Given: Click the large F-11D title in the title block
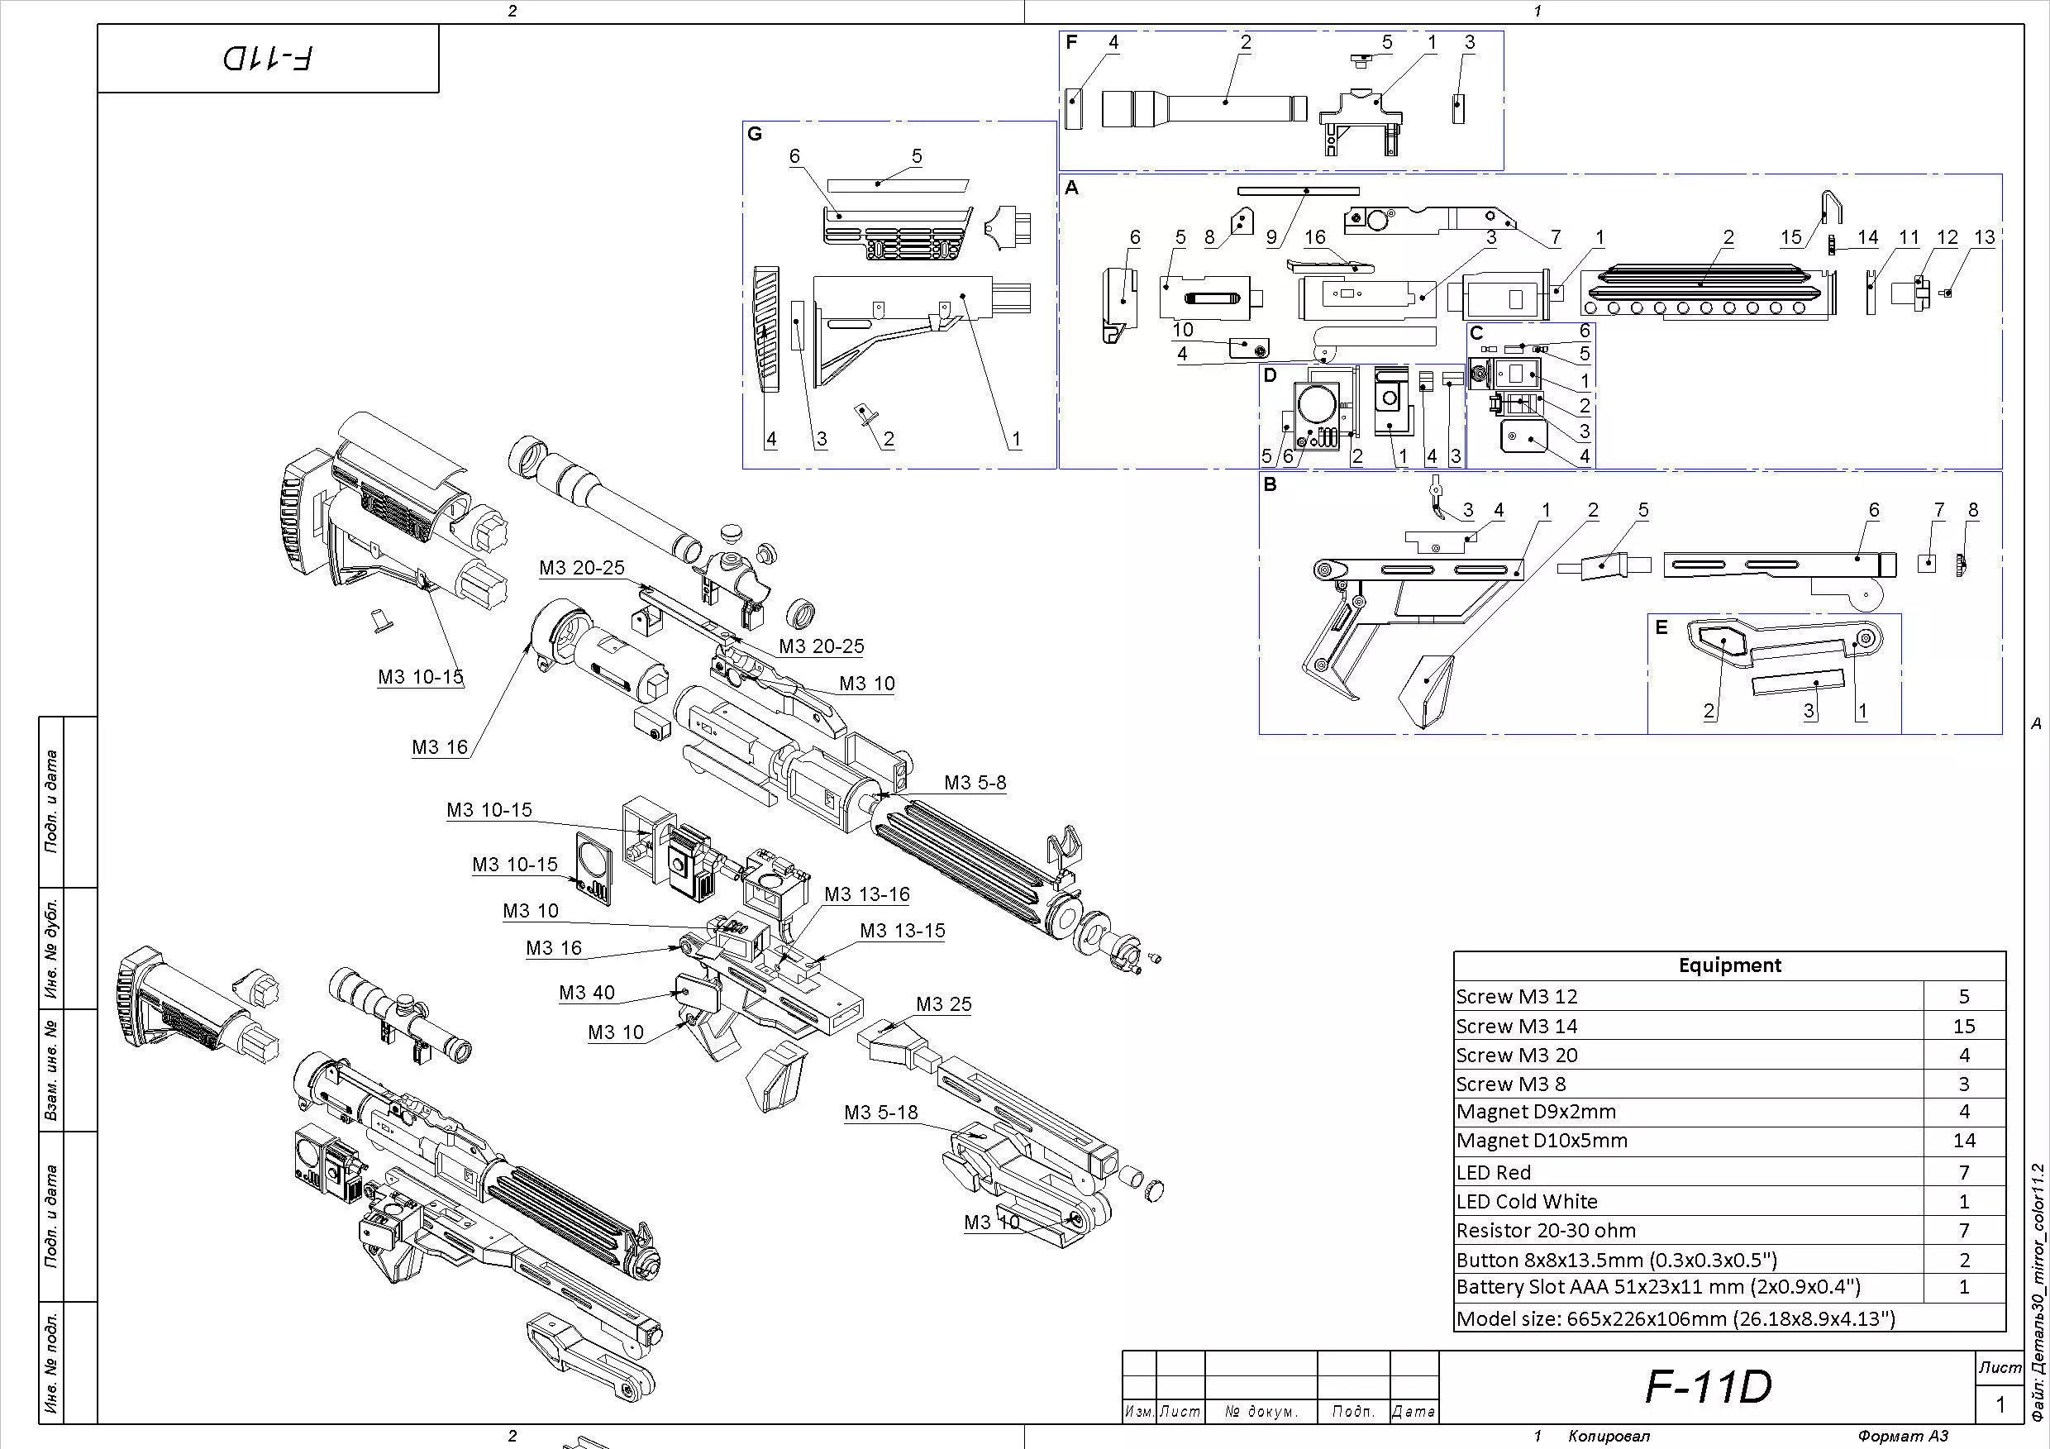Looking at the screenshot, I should click(x=1707, y=1385).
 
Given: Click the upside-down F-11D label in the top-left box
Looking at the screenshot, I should click(x=268, y=59).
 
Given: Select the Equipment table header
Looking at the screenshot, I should click(x=1729, y=965).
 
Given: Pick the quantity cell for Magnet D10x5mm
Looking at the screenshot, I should click(x=1963, y=1140).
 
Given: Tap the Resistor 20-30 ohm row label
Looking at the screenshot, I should click(x=1546, y=1230).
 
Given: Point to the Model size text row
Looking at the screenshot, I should click(x=1675, y=1318).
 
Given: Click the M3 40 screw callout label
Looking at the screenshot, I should click(x=587, y=993).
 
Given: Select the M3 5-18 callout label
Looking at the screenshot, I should click(x=880, y=1113).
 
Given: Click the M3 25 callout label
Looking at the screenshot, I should click(x=943, y=1004).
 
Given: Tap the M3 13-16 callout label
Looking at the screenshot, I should click(x=866, y=894).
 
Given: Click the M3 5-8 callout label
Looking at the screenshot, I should click(x=975, y=783).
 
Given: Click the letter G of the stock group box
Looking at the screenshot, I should click(x=755, y=134).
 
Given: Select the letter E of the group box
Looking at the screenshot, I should click(x=1661, y=627).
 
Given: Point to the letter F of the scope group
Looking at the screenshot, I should click(x=1071, y=42).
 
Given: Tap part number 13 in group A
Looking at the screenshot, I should click(x=1984, y=237).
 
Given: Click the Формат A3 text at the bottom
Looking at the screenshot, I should click(x=1903, y=1436).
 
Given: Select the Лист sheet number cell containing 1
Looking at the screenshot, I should click(x=2000, y=1404).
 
